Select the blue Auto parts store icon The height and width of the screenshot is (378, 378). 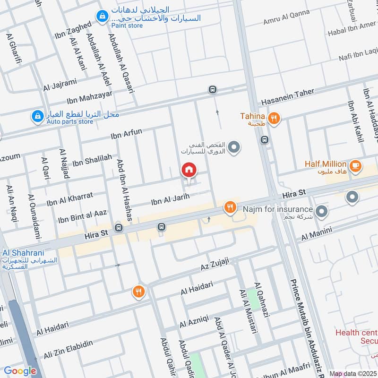pos(37,116)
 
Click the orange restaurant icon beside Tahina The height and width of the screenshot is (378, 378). pos(273,118)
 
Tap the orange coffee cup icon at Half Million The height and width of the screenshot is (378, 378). pos(355,166)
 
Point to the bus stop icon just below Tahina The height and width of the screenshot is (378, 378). pos(265,140)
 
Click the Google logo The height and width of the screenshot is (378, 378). pos(20,371)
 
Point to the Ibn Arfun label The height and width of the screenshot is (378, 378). pos(126,134)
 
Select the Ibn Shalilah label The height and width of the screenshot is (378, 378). pos(92,160)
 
